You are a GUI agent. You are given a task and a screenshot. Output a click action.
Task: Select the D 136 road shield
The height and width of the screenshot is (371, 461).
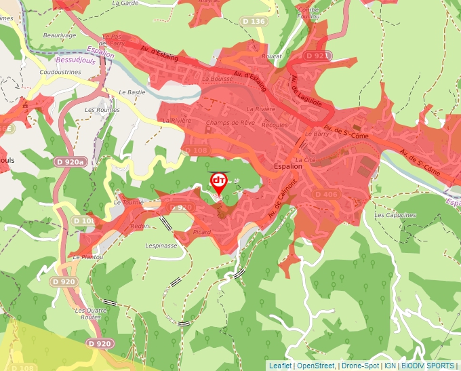(x=254, y=22)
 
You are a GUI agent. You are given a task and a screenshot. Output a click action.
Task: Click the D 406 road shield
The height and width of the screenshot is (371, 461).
(x=326, y=195)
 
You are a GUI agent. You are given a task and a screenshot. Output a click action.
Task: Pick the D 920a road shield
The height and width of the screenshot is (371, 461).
(x=70, y=162)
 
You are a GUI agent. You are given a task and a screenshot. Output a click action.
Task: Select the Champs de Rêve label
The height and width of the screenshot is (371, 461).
(x=230, y=123)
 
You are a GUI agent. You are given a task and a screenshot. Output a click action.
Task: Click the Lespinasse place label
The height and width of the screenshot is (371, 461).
(x=161, y=246)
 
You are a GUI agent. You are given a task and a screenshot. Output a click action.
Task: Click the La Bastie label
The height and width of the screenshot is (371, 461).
(x=132, y=92)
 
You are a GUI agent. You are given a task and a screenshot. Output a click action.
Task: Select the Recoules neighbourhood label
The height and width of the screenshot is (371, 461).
(x=275, y=125)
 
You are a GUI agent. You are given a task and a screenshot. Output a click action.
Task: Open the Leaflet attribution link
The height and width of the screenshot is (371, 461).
(x=280, y=366)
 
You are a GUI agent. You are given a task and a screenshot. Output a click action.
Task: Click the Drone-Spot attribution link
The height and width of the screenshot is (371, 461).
(x=361, y=366)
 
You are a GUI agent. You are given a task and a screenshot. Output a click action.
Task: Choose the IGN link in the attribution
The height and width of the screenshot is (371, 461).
(x=390, y=366)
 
